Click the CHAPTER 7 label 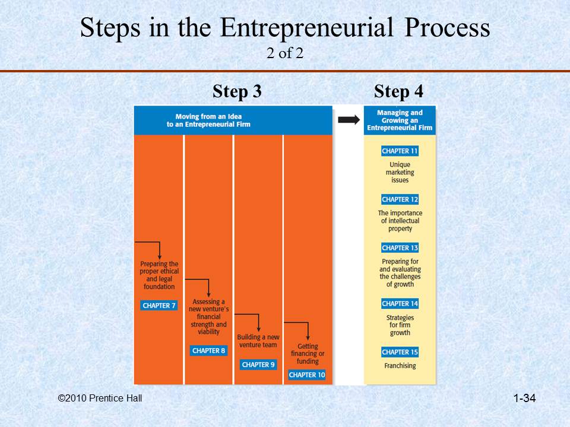coord(159,305)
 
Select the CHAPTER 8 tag coord(208,350)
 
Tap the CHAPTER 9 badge coord(258,365)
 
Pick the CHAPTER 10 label coord(307,375)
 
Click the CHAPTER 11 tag coord(400,151)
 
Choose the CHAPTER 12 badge coord(400,199)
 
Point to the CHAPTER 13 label coord(400,248)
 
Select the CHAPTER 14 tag coord(400,304)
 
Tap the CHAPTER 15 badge coord(400,352)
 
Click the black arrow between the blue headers coord(349,120)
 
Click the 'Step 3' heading coord(237,92)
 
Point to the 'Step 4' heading coord(398,92)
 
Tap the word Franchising coord(400,366)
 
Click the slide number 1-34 coord(524,399)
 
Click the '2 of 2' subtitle coord(285,53)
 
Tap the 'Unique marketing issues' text coord(400,172)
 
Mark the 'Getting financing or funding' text coord(308,354)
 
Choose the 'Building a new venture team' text coord(258,341)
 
